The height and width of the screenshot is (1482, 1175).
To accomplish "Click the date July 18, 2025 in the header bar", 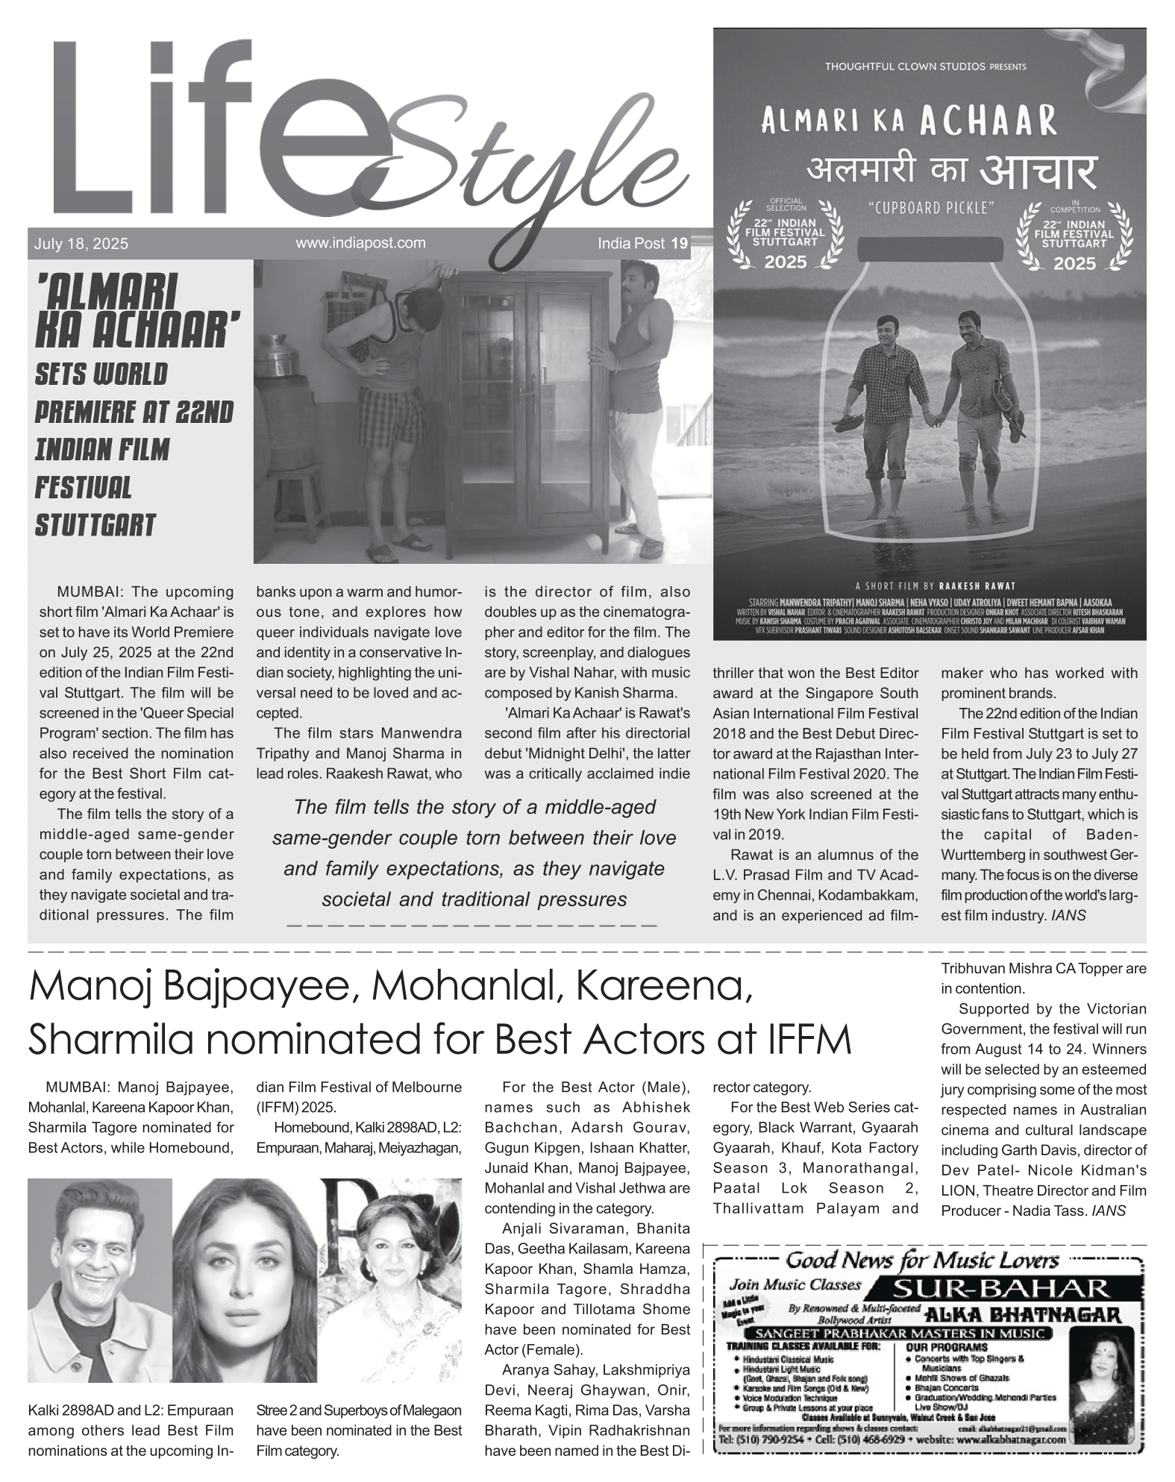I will pyautogui.click(x=81, y=244).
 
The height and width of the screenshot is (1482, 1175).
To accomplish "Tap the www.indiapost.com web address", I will pyautogui.click(x=360, y=242).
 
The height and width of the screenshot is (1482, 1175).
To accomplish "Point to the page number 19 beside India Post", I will pyautogui.click(x=679, y=243).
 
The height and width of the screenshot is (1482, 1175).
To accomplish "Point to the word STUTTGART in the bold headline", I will pyautogui.click(x=95, y=525).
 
